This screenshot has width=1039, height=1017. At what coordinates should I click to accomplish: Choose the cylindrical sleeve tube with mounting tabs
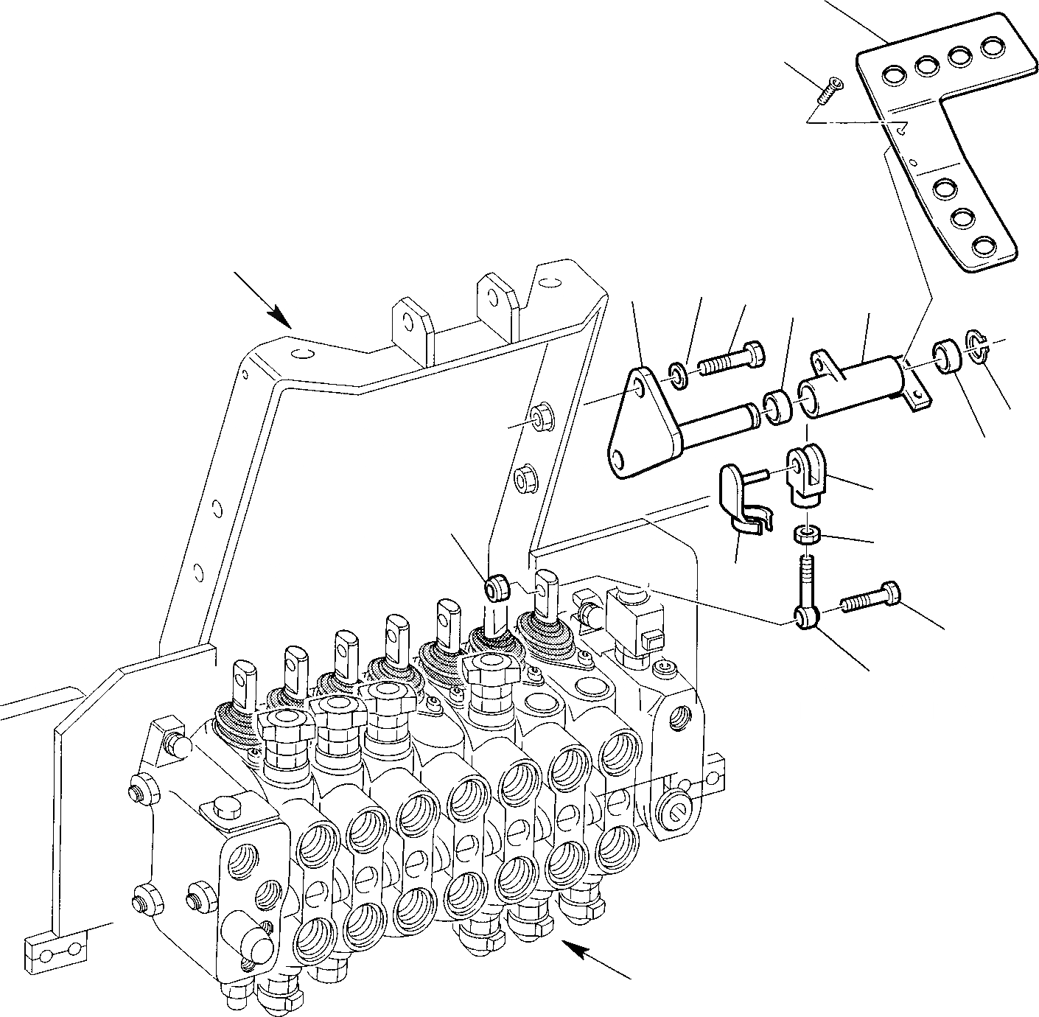pyautogui.click(x=855, y=387)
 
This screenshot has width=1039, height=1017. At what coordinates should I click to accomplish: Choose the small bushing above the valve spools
pyautogui.click(x=496, y=587)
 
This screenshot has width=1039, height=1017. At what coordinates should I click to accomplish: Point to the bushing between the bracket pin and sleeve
pyautogui.click(x=777, y=408)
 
